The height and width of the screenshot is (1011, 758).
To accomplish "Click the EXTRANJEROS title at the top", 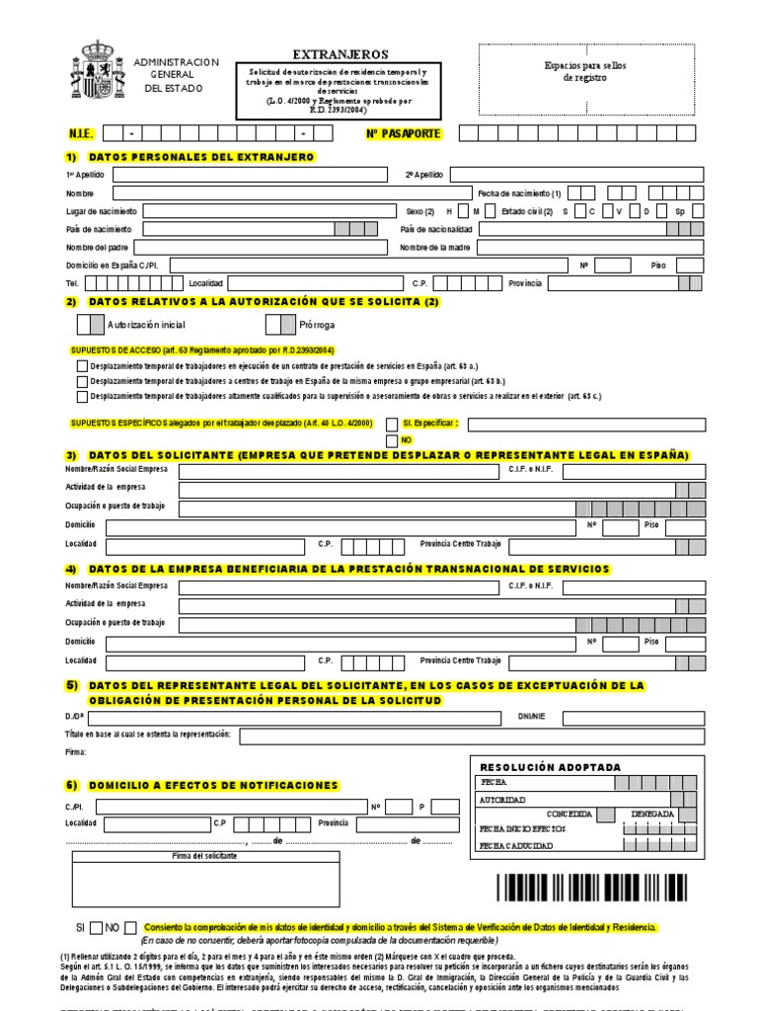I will pyautogui.click(x=341, y=55).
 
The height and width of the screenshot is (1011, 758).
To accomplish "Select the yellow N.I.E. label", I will pyautogui.click(x=78, y=133).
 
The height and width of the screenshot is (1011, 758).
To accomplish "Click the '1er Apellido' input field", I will pyautogui.click(x=249, y=175).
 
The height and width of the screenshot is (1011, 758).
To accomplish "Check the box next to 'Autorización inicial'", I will pyautogui.click(x=89, y=324).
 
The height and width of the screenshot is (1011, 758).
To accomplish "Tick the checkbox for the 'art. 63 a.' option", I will pyautogui.click(x=80, y=365).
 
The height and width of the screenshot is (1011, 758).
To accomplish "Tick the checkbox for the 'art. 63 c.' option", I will pyautogui.click(x=80, y=397).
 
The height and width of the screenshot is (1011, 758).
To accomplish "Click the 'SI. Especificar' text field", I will pyautogui.click(x=589, y=425).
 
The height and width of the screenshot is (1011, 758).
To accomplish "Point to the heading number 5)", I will pyautogui.click(x=71, y=685).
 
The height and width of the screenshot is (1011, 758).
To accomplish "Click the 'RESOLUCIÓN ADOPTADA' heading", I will pyautogui.click(x=550, y=767).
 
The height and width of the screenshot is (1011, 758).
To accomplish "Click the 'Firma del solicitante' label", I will pyautogui.click(x=204, y=855).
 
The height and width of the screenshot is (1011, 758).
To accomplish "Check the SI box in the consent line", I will pyautogui.click(x=96, y=928).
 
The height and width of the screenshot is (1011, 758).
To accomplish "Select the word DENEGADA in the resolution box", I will pyautogui.click(x=652, y=815).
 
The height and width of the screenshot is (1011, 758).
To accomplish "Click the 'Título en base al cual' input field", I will pyautogui.click(x=472, y=736).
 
